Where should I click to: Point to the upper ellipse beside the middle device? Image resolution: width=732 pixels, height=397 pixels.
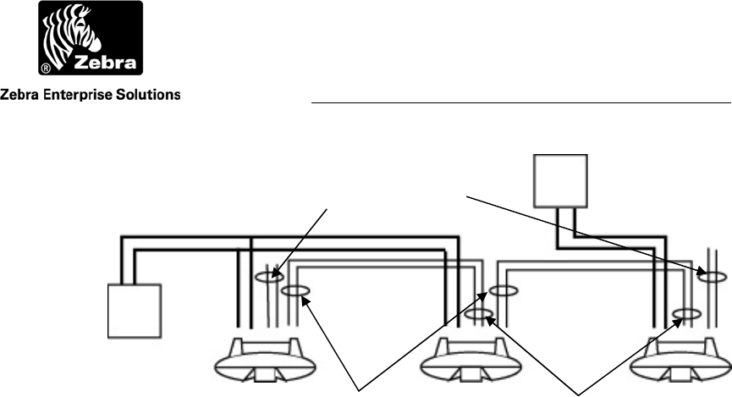pos(500,292)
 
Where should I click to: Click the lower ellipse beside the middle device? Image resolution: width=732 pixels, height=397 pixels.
pos(480,315)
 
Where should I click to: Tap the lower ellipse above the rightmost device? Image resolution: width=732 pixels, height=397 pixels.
pos(686,315)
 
